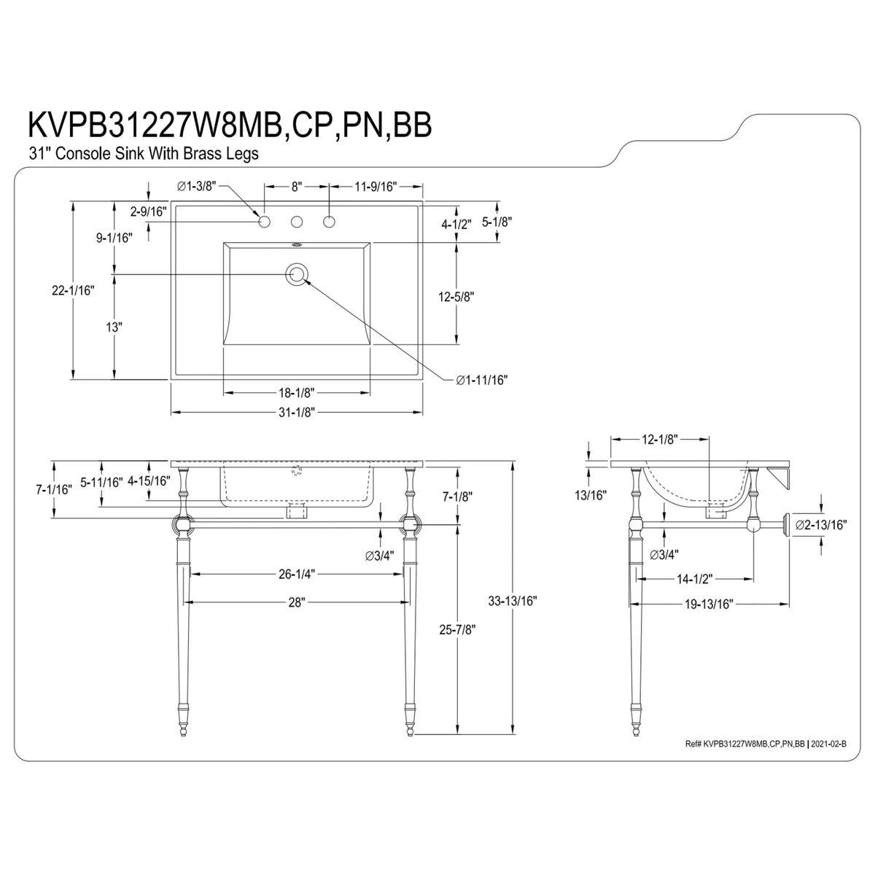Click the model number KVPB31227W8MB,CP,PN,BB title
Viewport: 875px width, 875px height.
click(x=230, y=125)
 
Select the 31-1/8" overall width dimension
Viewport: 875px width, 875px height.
click(x=297, y=412)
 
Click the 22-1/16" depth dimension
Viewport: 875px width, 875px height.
click(x=73, y=290)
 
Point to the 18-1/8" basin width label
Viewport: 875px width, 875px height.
click(x=297, y=392)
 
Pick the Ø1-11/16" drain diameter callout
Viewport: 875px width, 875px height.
click(x=482, y=380)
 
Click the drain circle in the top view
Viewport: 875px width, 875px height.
click(x=297, y=274)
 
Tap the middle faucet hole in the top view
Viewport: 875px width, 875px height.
click(x=297, y=222)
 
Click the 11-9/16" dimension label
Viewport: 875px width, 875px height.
click(x=376, y=186)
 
